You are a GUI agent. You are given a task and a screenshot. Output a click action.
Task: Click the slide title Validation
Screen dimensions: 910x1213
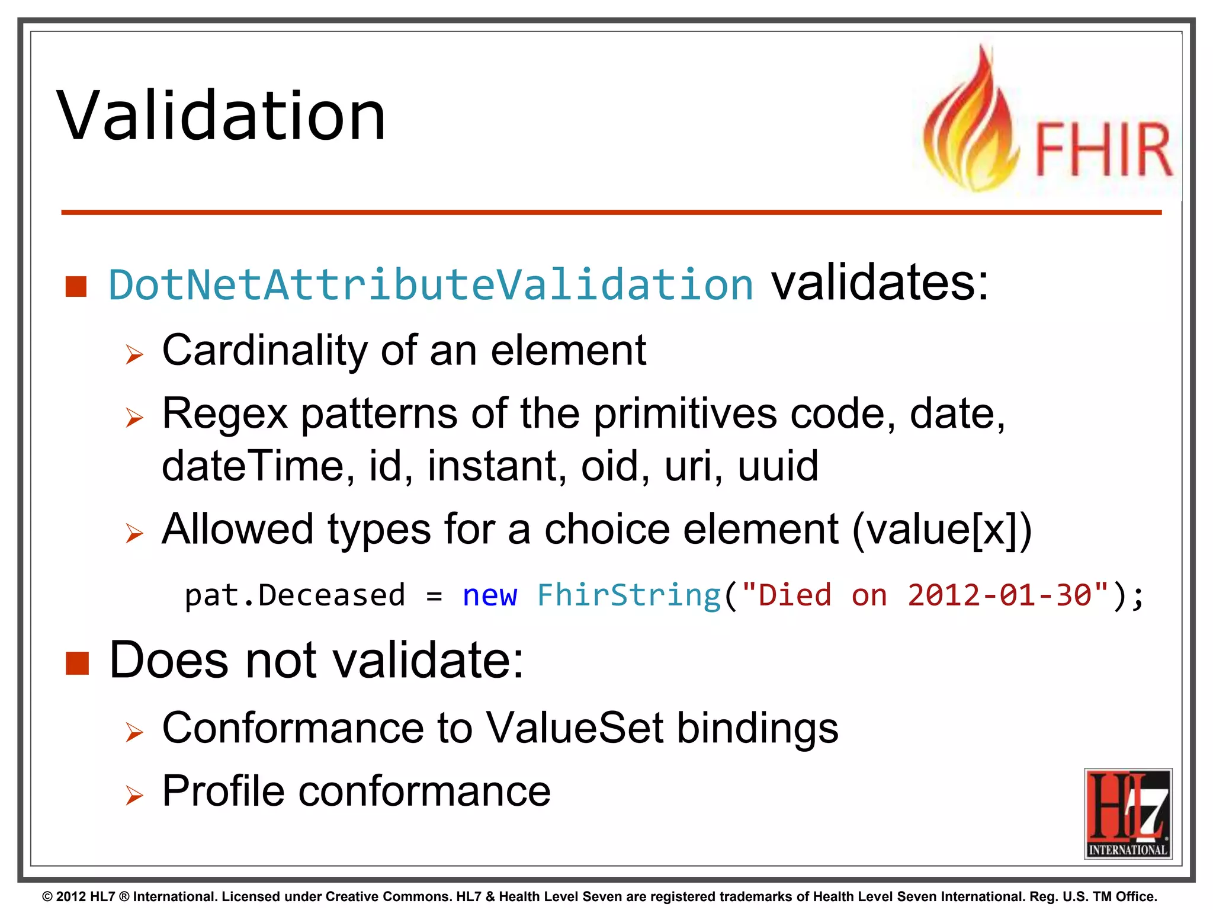[221, 116]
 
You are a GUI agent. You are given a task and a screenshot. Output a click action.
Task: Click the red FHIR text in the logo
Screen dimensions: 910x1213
[1103, 149]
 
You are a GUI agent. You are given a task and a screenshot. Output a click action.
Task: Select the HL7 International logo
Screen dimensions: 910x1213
[1128, 813]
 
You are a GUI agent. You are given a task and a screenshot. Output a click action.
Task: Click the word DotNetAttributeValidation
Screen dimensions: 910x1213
[431, 285]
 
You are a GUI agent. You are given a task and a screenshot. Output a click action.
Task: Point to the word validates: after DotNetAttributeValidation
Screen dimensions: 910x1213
[880, 283]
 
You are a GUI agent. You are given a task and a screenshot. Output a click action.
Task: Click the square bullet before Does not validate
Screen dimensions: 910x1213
[77, 664]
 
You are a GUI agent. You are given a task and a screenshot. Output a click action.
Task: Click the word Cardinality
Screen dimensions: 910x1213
[265, 350]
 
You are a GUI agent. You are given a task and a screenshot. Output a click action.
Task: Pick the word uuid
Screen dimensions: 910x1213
[778, 466]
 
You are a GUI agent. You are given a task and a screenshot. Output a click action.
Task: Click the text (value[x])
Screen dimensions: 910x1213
[942, 529]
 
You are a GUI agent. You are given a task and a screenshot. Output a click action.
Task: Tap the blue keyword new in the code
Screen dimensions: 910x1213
[489, 595]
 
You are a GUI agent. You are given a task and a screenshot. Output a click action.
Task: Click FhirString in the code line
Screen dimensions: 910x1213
[628, 595]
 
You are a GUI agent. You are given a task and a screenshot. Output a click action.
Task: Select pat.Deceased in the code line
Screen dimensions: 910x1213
[295, 595]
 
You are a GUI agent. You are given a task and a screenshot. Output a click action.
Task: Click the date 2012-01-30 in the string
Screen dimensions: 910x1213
[999, 595]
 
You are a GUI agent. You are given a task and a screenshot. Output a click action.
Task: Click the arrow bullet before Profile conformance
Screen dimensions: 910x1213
[134, 795]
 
